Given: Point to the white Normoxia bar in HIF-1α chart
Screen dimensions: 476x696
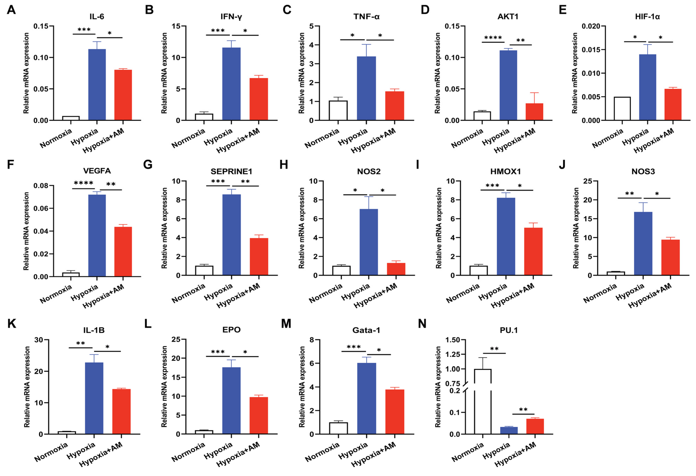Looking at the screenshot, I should tap(622, 108).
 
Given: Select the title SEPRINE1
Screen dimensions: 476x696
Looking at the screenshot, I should tap(231, 171).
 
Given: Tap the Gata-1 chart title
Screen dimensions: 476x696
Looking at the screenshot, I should tap(366, 330).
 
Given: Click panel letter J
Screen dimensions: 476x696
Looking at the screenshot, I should tap(562, 165).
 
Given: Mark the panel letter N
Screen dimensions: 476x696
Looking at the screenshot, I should tap(422, 324).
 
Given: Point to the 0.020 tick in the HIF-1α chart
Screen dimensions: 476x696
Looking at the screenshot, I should tap(591, 26).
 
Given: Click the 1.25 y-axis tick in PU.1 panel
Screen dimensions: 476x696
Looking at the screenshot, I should tap(453, 354).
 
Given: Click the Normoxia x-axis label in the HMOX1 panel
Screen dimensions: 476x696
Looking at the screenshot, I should tap(463, 293).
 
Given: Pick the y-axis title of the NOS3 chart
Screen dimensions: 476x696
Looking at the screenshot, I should tap(575, 228).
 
